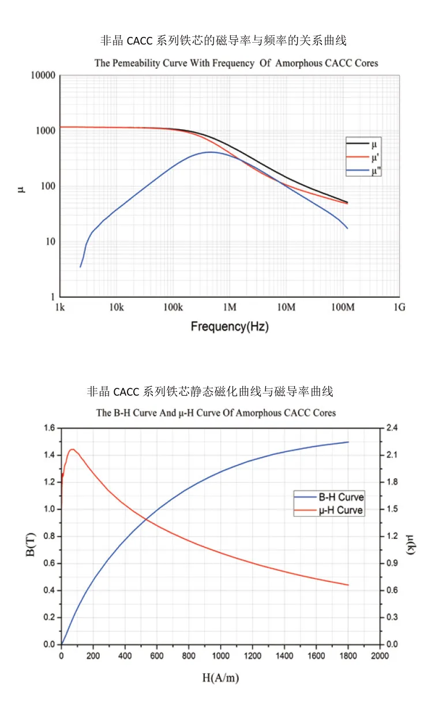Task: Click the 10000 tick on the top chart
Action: [x=42, y=76]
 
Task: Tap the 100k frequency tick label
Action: [x=173, y=308]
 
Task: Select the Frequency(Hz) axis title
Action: [x=230, y=327]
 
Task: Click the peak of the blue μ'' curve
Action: [x=210, y=152]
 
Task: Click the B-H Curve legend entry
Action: [x=341, y=497]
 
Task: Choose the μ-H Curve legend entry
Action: [x=341, y=510]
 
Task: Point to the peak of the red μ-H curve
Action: [x=72, y=449]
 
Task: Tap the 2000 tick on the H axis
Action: [x=380, y=656]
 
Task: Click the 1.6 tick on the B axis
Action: [x=49, y=428]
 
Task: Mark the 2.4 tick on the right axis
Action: [x=392, y=428]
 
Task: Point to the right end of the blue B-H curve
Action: [x=348, y=442]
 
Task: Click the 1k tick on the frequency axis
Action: [x=60, y=308]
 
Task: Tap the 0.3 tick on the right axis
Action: [x=392, y=617]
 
